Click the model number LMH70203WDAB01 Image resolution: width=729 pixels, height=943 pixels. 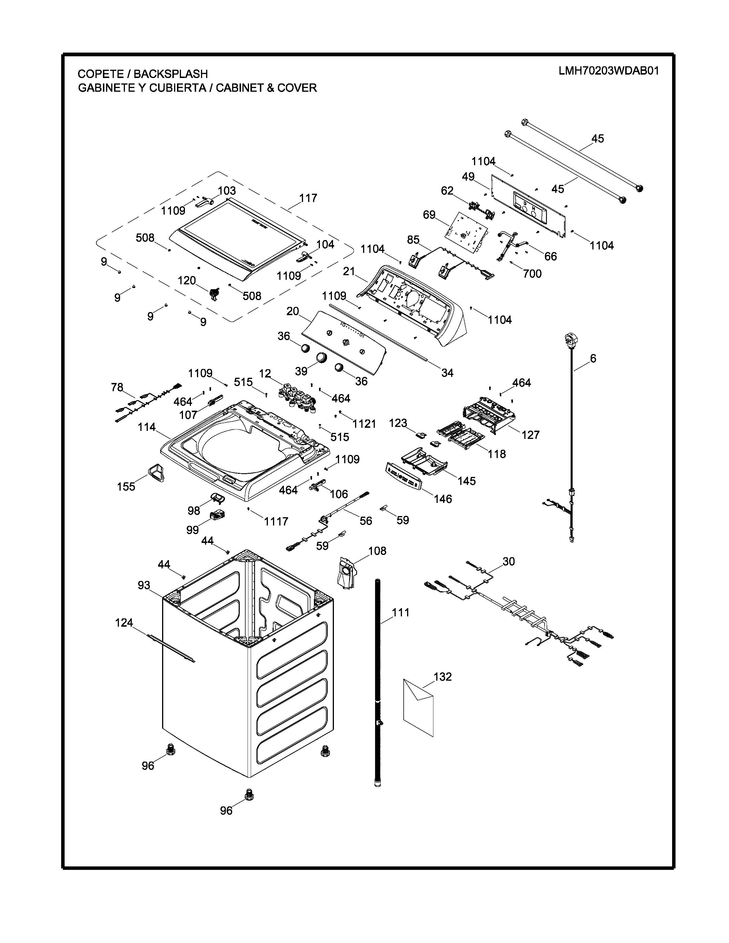(x=609, y=71)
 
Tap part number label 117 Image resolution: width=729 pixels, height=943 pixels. (x=308, y=198)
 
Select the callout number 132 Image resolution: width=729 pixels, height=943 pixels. (x=442, y=677)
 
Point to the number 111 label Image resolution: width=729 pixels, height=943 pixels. (x=400, y=612)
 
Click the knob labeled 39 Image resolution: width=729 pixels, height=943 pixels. (x=322, y=357)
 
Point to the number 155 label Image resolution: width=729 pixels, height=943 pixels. (x=126, y=487)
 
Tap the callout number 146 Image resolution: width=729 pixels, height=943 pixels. (x=443, y=499)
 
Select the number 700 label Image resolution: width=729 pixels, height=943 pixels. (x=532, y=274)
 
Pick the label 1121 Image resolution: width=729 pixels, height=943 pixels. (x=364, y=424)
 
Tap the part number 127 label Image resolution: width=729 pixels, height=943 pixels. (x=530, y=435)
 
